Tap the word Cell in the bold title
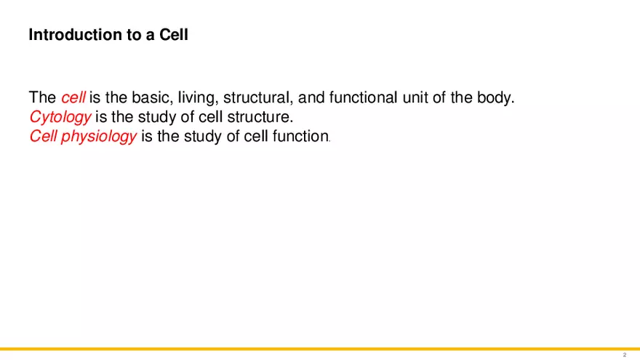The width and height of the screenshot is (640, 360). click(174, 35)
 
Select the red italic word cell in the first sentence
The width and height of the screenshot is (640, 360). click(73, 97)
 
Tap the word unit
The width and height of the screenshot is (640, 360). click(415, 97)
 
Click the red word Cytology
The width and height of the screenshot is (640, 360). click(60, 118)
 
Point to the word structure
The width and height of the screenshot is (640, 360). click(260, 117)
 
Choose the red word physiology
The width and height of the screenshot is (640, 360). click(99, 137)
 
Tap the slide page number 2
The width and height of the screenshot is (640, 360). click(625, 355)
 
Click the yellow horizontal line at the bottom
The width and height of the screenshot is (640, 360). click(320, 348)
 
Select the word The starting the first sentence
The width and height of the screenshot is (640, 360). click(42, 97)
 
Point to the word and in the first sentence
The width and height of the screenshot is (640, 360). click(311, 97)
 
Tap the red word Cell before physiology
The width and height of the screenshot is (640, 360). click(43, 136)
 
